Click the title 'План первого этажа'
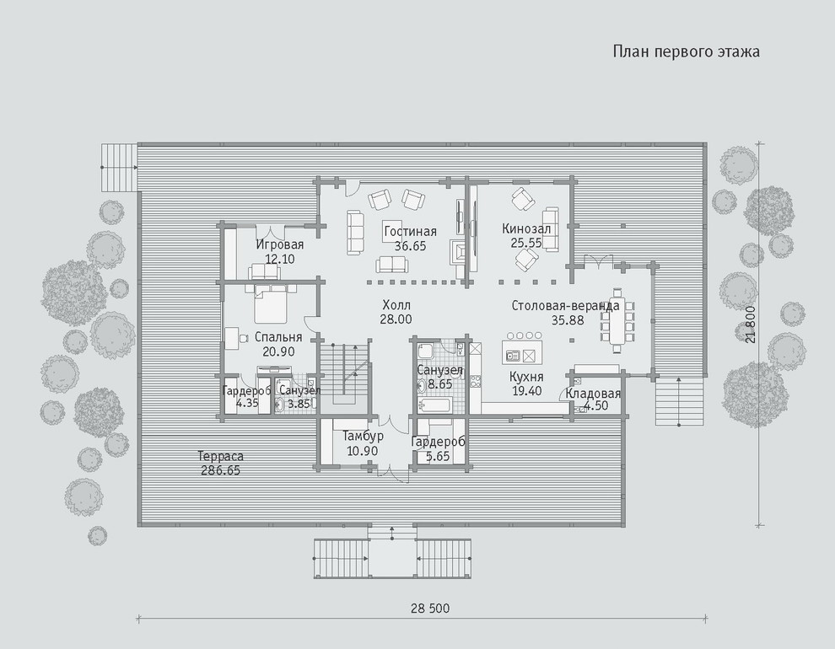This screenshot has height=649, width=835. click(686, 52)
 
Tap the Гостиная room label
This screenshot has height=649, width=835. click(410, 232)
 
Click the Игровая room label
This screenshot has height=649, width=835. click(279, 244)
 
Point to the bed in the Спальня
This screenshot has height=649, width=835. click(271, 303)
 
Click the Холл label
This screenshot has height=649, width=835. click(396, 305)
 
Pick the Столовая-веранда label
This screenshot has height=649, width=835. click(566, 306)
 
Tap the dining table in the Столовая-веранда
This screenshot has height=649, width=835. click(617, 319)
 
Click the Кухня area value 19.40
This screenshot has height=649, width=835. click(526, 391)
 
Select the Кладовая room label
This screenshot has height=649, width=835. click(593, 394)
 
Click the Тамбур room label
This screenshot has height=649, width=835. click(363, 437)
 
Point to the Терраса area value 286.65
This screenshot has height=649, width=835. click(220, 471)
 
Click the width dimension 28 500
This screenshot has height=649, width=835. click(430, 608)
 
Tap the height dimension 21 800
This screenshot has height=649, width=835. click(751, 324)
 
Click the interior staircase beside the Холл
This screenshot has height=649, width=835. click(345, 374)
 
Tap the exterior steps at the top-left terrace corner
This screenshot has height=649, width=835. click(119, 167)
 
